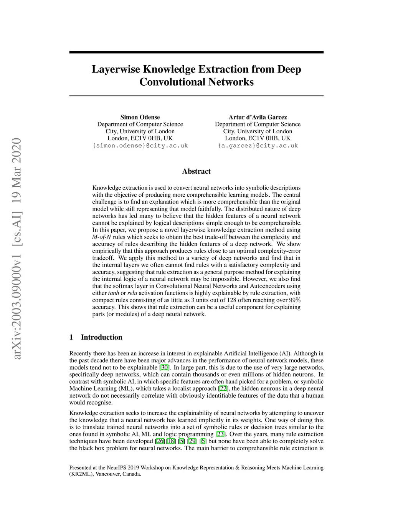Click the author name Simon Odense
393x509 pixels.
click(140, 117)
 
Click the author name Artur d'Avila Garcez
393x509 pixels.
click(258, 117)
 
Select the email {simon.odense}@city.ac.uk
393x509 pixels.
click(140, 146)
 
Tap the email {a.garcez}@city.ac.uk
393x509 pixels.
click(258, 146)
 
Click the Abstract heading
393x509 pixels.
click(196, 171)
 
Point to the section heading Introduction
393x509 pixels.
click(101, 337)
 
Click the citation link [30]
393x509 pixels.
click(165, 368)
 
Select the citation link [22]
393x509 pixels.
click(223, 389)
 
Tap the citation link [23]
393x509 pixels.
click(220, 434)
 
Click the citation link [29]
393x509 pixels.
click(192, 441)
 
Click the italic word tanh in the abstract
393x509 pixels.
click(113, 293)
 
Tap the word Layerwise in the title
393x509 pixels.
click(116, 70)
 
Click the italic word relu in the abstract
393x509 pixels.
click(132, 293)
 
